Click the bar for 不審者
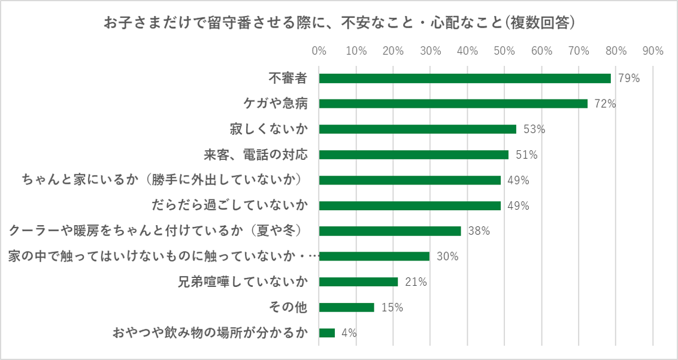click(465, 78)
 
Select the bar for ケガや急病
click(453, 104)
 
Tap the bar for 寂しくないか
click(417, 129)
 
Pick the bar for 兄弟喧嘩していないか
click(358, 282)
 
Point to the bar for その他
click(347, 307)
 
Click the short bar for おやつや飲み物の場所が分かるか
click(327, 333)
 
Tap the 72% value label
click(605, 104)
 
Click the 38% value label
click(479, 231)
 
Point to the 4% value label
click(349, 333)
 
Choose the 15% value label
click(392, 307)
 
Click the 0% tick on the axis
click(319, 51)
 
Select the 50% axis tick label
click(504, 51)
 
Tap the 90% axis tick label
click(652, 51)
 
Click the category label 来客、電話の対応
click(256, 155)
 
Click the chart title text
click(339, 23)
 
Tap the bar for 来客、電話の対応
click(414, 155)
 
